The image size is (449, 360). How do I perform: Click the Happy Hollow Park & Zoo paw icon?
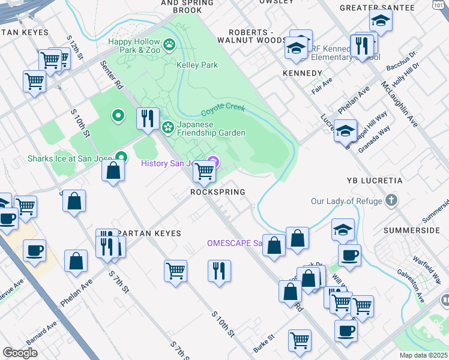(x=170, y=44)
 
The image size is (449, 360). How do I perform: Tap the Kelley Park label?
(x=197, y=65)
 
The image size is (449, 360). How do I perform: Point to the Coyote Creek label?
(x=223, y=110)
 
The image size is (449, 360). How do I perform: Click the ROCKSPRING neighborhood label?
(x=217, y=192)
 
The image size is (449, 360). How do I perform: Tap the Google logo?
(x=20, y=353)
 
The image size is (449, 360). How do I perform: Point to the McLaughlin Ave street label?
(x=399, y=104)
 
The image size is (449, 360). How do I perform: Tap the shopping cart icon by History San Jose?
(x=204, y=172)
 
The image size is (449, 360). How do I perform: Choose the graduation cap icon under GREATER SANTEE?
(x=381, y=22)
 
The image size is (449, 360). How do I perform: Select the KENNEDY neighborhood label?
(x=302, y=73)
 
